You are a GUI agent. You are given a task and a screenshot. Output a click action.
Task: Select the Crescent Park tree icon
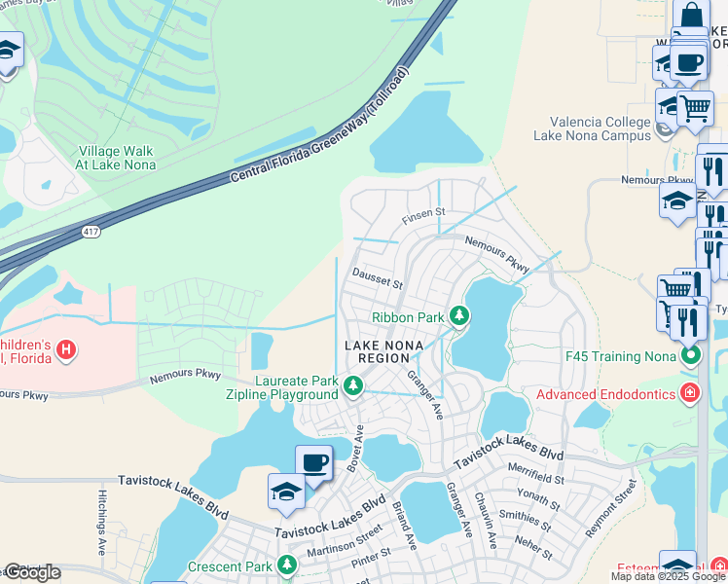pyautogui.click(x=286, y=566)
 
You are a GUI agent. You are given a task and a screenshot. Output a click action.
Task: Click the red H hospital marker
pyautogui.click(x=65, y=349)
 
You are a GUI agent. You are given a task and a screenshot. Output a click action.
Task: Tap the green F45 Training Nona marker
pyautogui.click(x=691, y=355)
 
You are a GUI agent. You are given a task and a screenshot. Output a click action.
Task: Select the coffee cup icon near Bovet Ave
pyautogui.click(x=313, y=463)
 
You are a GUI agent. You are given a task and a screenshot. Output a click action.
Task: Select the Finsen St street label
pyautogui.click(x=425, y=211)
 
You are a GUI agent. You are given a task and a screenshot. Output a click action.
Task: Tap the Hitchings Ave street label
pyautogui.click(x=102, y=521)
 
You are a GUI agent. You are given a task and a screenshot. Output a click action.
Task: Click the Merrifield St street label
pyautogui.click(x=534, y=479)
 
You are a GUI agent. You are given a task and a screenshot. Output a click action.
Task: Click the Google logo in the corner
pyautogui.click(x=31, y=572)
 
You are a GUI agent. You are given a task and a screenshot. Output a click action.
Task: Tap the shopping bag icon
pyautogui.click(x=690, y=16)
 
